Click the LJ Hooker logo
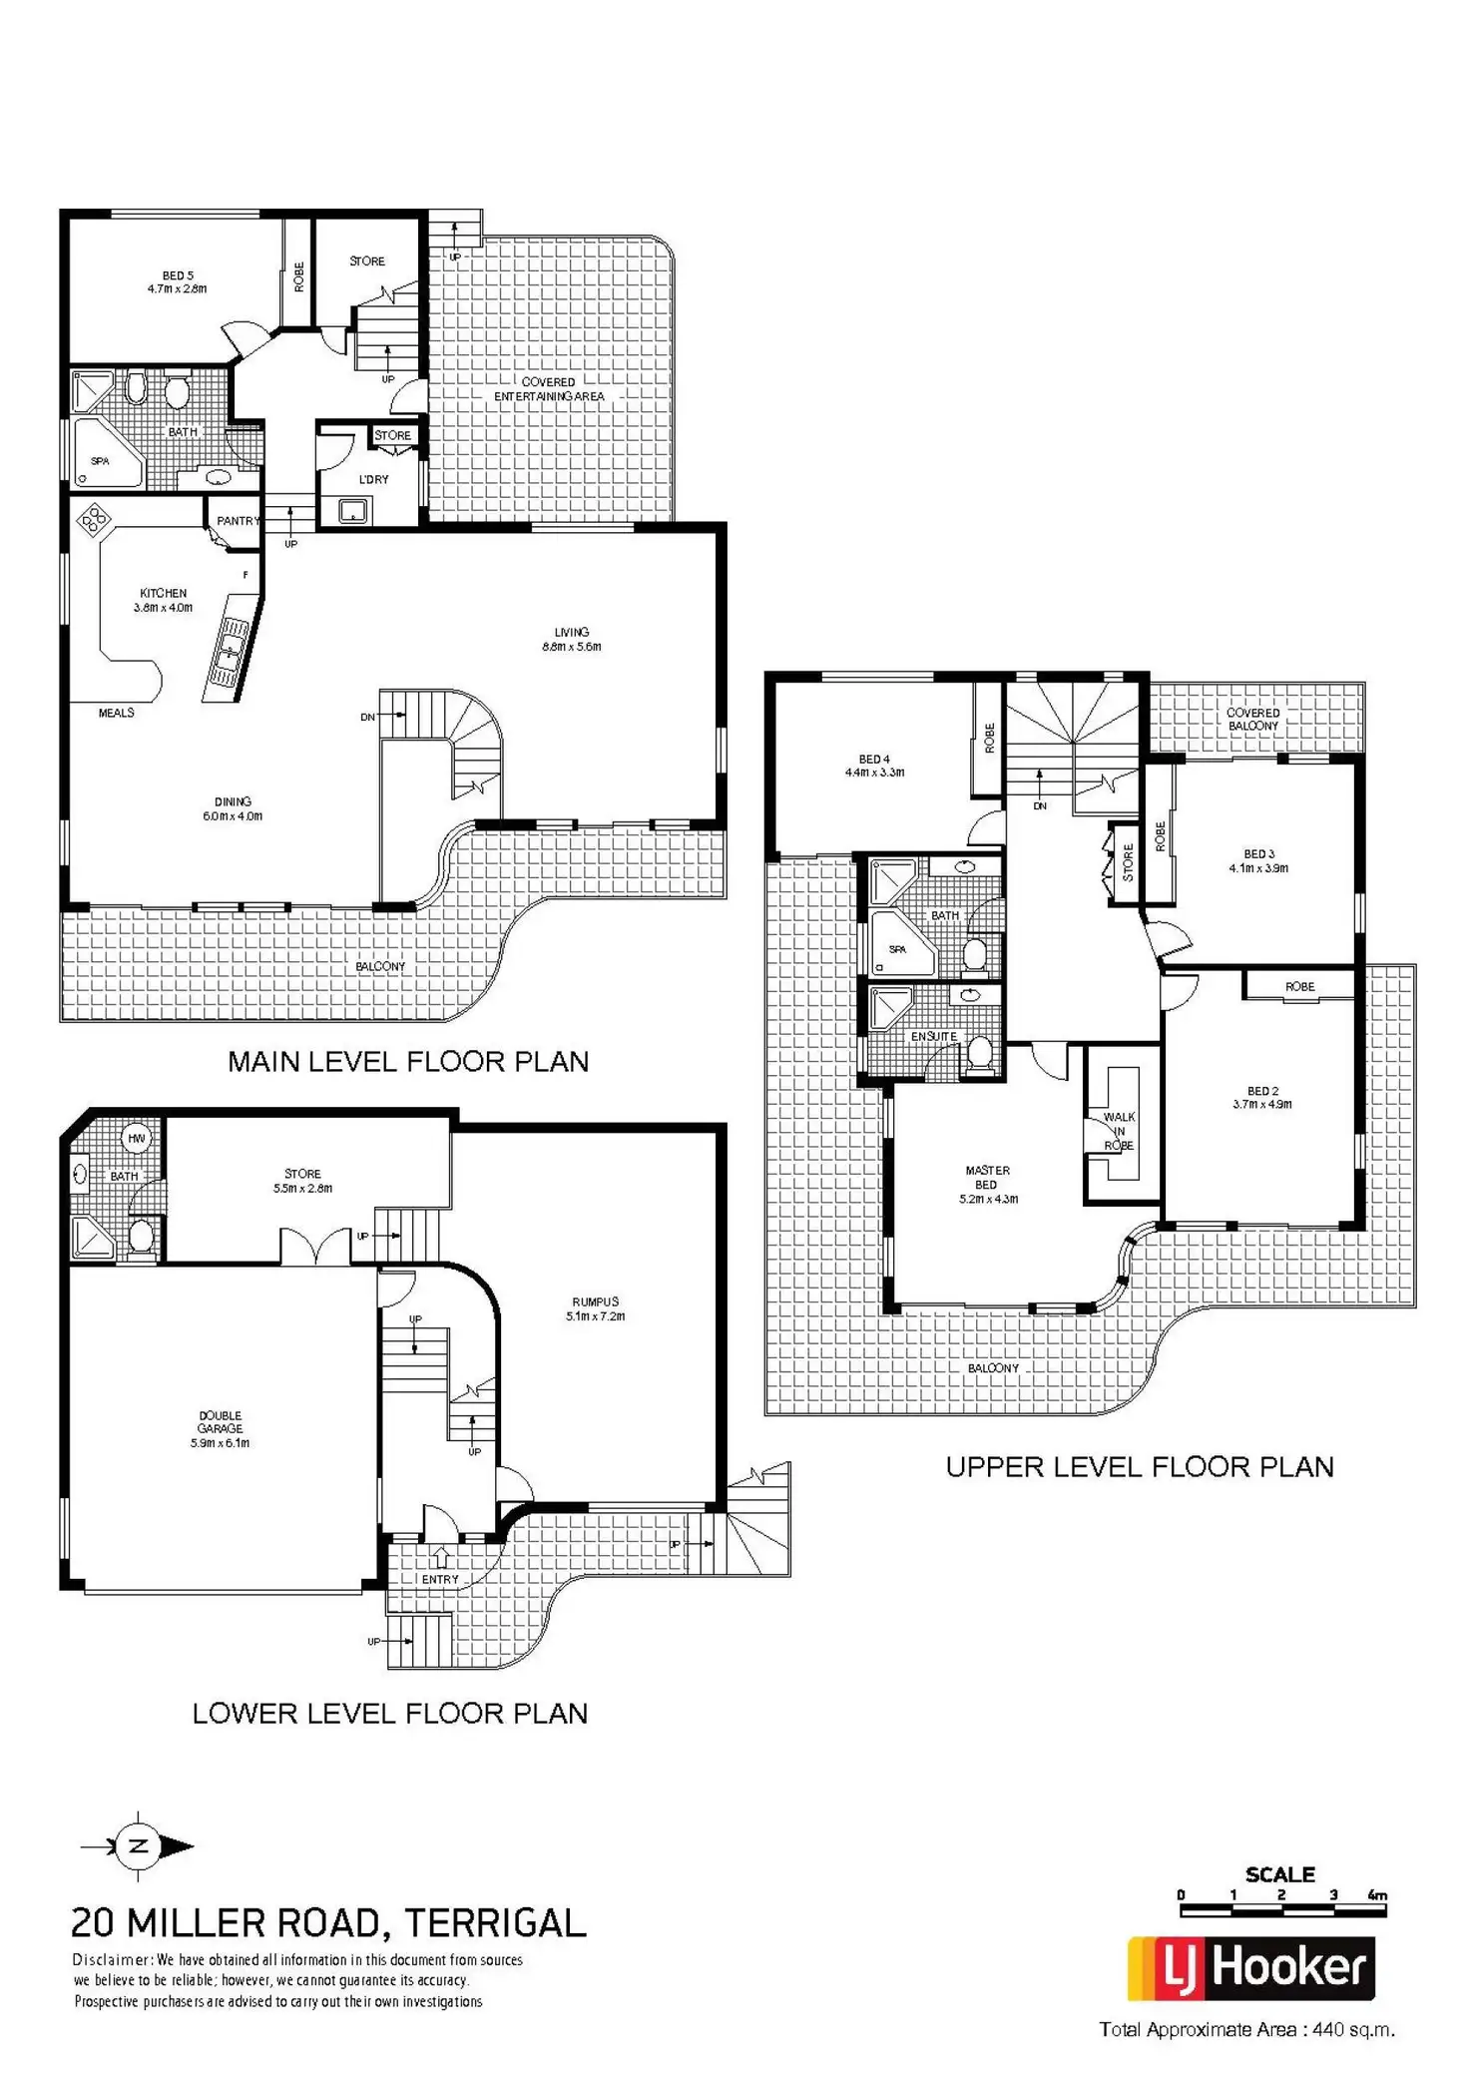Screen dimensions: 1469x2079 (1251, 1968)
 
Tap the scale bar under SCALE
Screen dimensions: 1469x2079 (1282, 1910)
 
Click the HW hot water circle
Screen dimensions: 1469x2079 (136, 1138)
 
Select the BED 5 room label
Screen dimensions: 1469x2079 (178, 281)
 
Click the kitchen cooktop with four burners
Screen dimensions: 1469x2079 (95, 519)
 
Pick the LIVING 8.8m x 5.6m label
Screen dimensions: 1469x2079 (572, 639)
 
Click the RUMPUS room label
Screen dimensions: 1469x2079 (596, 1308)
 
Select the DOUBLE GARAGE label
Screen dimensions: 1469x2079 (220, 1428)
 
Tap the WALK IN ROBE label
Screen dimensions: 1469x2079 (1119, 1131)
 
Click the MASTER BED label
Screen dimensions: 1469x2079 (987, 1184)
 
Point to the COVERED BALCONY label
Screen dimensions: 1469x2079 (1253, 719)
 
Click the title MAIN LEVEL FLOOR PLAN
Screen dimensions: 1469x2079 (408, 1061)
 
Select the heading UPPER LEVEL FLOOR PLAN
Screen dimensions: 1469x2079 (1140, 1466)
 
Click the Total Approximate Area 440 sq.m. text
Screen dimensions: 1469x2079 (1246, 2028)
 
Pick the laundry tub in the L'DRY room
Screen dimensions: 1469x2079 (351, 512)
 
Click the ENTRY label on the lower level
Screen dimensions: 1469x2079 (440, 1579)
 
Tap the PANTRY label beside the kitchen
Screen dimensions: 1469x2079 (238, 521)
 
